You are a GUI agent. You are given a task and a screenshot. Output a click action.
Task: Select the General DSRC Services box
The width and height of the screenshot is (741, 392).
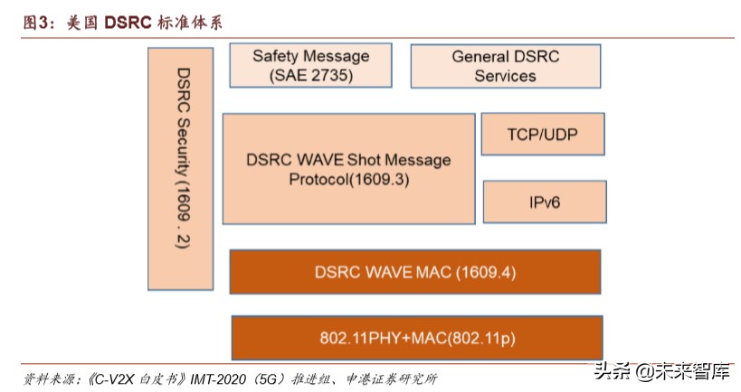506,66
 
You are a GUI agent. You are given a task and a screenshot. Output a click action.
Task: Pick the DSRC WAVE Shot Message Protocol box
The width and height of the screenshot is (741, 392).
348,169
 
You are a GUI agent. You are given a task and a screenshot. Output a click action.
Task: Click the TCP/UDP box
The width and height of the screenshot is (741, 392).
543,135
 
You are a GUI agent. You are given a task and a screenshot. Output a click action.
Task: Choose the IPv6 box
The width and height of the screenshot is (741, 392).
545,201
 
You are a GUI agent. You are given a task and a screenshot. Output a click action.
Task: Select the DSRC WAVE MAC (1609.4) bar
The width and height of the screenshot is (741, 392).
414,272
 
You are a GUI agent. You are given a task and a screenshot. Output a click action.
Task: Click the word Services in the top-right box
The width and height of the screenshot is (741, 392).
506,76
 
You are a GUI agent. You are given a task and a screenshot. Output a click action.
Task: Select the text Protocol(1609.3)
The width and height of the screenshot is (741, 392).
349,179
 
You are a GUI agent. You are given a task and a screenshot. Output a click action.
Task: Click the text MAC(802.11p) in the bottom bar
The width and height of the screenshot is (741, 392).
466,339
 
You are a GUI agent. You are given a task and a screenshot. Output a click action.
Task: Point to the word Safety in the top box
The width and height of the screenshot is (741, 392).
275,56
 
